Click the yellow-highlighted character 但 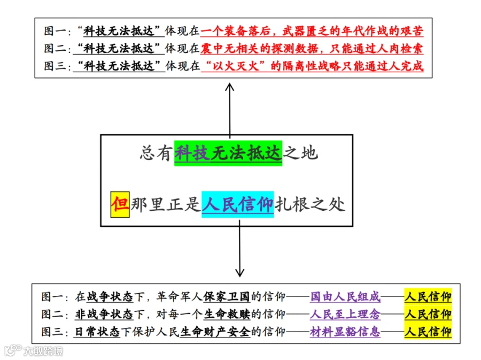click(120, 204)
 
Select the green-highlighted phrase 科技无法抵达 click(228, 153)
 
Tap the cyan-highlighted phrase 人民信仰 click(237, 204)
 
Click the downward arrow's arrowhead click(239, 273)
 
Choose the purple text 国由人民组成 click(345, 296)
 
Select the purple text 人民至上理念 click(345, 314)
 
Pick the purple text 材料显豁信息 click(345, 332)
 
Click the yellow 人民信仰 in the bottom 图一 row click(428, 296)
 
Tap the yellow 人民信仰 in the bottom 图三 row click(428, 332)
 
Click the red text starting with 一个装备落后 click(312, 30)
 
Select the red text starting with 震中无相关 click(312, 48)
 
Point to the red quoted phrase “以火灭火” click(236, 66)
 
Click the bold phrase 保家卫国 click(227, 296)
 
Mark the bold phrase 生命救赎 click(227, 314)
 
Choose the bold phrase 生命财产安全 click(215, 332)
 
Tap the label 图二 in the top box click(53, 49)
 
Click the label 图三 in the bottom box click(51, 332)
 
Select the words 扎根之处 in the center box click(310, 204)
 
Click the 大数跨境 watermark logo click(34, 350)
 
